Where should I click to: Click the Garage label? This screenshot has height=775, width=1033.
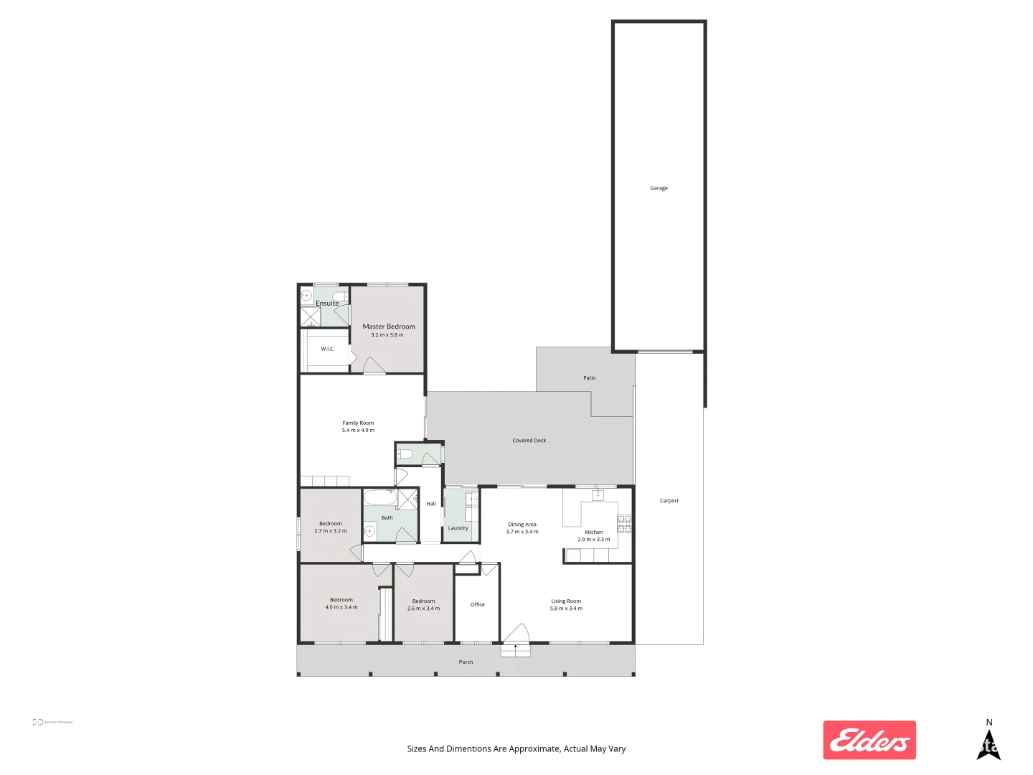[x=659, y=188]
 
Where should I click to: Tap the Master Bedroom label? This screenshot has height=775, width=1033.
[x=388, y=327]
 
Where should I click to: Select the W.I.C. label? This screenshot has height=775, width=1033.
[x=327, y=349]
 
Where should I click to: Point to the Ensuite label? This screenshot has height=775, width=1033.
[x=327, y=304]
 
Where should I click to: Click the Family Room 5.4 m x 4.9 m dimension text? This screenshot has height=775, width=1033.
[x=358, y=431]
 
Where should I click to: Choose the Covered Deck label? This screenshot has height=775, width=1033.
[x=529, y=441]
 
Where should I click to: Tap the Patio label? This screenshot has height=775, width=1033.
[x=589, y=378]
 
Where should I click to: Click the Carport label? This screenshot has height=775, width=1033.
[x=669, y=501]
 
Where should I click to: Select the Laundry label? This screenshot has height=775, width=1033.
[x=458, y=528]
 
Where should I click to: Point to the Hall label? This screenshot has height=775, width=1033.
[x=430, y=504]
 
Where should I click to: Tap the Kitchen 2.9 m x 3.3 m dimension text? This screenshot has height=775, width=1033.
[x=593, y=540]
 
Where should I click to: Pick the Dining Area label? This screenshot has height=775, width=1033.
[x=522, y=525]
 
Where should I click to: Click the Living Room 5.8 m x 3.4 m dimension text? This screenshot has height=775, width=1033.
[x=566, y=609]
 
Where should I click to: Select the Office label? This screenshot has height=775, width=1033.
[x=477, y=604]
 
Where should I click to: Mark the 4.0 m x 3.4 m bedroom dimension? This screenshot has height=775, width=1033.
[x=341, y=607]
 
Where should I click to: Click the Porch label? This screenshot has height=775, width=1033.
[x=466, y=662]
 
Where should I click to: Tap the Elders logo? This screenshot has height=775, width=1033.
[x=869, y=740]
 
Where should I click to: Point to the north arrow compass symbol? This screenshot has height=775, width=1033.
[x=989, y=743]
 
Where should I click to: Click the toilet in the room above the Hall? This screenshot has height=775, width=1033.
[x=405, y=454]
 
